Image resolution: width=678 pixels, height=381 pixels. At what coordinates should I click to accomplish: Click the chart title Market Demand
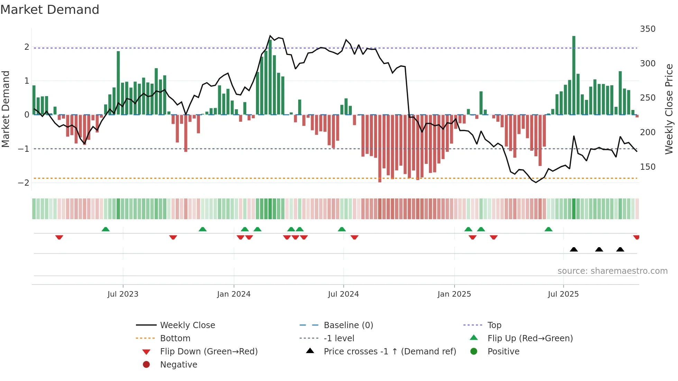(x=50, y=10)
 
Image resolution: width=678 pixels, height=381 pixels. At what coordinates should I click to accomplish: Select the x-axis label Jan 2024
(x=233, y=294)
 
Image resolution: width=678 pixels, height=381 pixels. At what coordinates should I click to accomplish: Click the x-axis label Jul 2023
(x=123, y=294)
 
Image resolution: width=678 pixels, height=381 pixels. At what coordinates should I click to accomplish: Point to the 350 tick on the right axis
(x=648, y=29)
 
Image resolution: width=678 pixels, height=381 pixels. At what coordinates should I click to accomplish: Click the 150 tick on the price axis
(x=648, y=167)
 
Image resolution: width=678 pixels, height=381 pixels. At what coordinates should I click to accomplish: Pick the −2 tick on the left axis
(x=24, y=183)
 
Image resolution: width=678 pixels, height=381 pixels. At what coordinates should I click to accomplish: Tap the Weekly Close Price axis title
(x=669, y=109)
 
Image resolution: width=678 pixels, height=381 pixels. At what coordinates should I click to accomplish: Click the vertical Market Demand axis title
(x=6, y=109)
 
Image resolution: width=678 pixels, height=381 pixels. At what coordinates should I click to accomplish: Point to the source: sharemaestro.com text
(x=612, y=271)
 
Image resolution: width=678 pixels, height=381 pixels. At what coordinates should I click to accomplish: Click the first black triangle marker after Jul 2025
(x=574, y=249)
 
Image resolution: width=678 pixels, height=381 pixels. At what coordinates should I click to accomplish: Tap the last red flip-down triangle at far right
(x=636, y=237)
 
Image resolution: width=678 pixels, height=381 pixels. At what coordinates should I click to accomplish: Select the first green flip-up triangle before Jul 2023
(x=106, y=229)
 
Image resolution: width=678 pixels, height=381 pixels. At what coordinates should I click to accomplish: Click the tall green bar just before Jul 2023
(x=118, y=83)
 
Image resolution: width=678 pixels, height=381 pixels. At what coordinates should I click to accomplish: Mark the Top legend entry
(x=494, y=325)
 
